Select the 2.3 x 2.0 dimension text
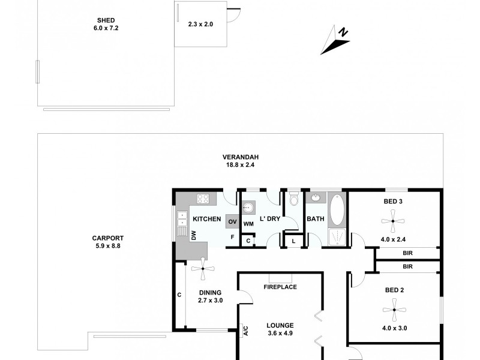(x=200, y=25)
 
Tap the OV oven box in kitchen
(x=232, y=221)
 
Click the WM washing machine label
(x=248, y=224)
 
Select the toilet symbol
(x=293, y=199)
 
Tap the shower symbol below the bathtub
(x=337, y=237)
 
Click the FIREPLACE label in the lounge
(x=280, y=287)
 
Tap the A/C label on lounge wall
(x=245, y=330)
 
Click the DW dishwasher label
(x=194, y=236)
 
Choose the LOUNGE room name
(x=280, y=326)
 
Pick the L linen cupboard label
(x=293, y=241)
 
